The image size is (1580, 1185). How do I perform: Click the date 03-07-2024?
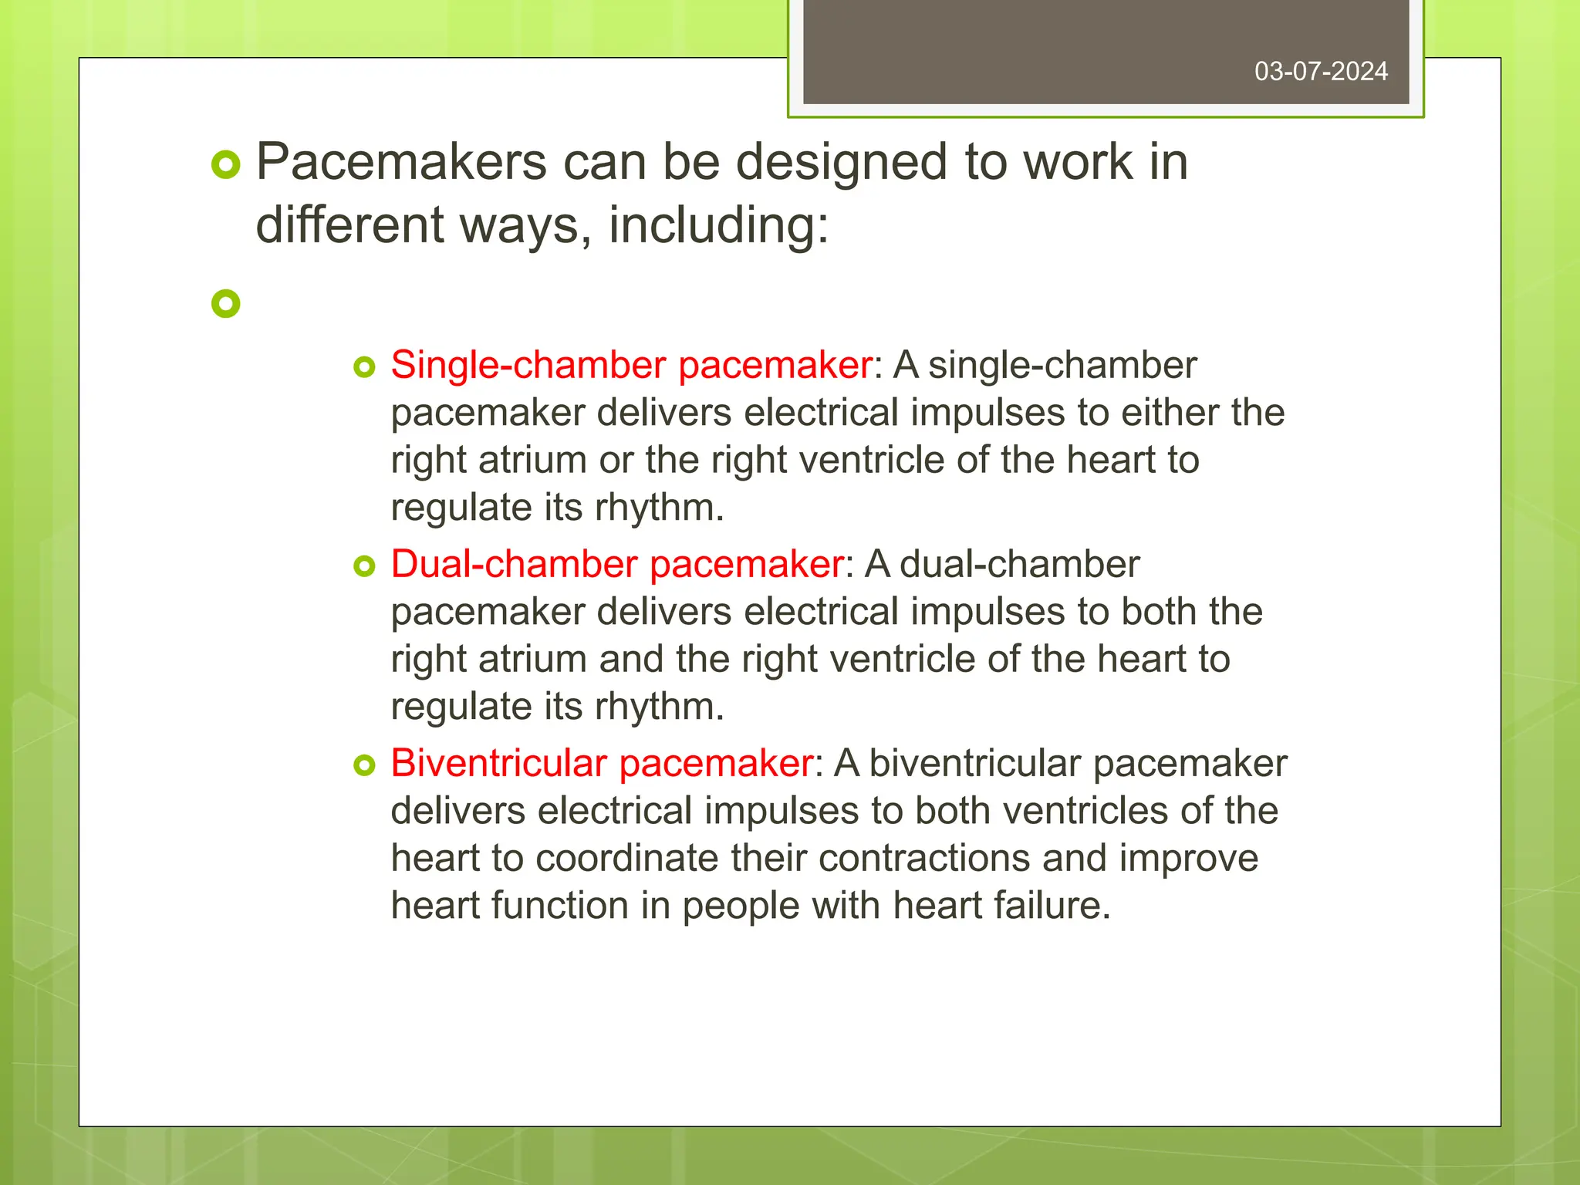point(1321,72)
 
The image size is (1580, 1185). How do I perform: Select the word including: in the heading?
point(718,225)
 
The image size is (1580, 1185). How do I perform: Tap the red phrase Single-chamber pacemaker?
point(631,365)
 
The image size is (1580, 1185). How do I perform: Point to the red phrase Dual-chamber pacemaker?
point(616,564)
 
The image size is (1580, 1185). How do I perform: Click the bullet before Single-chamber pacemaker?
point(364,366)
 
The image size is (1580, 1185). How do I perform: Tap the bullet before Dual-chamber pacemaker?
point(364,566)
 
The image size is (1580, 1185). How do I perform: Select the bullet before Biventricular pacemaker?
point(364,765)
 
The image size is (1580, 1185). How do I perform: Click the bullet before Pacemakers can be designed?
point(226,165)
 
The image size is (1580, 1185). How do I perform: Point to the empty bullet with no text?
point(226,303)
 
